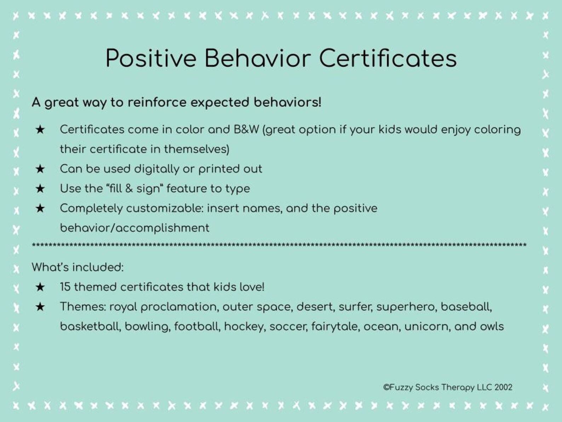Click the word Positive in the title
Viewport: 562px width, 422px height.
(x=151, y=58)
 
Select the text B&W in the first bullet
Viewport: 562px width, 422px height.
(x=246, y=130)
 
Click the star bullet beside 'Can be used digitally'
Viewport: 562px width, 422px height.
(x=40, y=169)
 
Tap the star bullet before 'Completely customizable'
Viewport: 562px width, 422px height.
(x=40, y=208)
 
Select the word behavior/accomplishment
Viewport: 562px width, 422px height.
(x=134, y=228)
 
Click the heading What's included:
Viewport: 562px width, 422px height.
(x=78, y=267)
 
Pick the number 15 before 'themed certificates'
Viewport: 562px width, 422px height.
(x=65, y=287)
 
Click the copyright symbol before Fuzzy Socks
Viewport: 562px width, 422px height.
(x=386, y=387)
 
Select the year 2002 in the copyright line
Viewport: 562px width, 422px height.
(x=503, y=387)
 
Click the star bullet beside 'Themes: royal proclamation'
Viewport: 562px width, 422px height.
(x=40, y=307)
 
